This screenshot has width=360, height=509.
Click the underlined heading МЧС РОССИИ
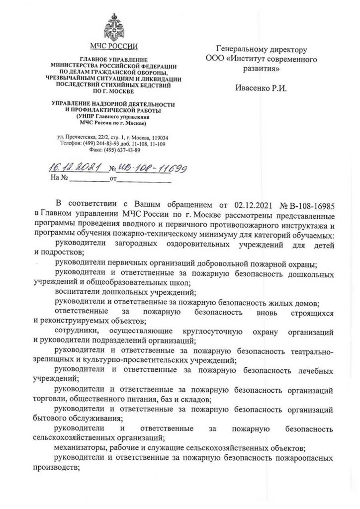114,48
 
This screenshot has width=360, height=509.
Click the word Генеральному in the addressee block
240,49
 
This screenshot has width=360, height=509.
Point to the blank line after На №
89,177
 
